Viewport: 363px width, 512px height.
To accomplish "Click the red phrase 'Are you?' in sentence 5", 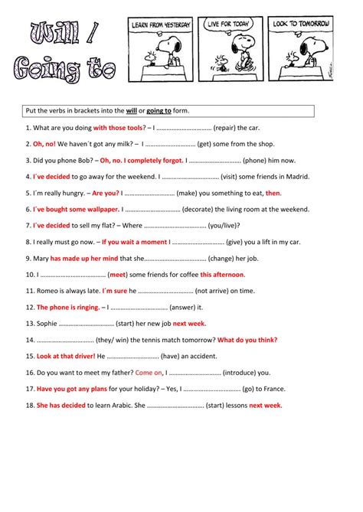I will (106, 193).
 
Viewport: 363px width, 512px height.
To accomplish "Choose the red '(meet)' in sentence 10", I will (117, 274).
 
